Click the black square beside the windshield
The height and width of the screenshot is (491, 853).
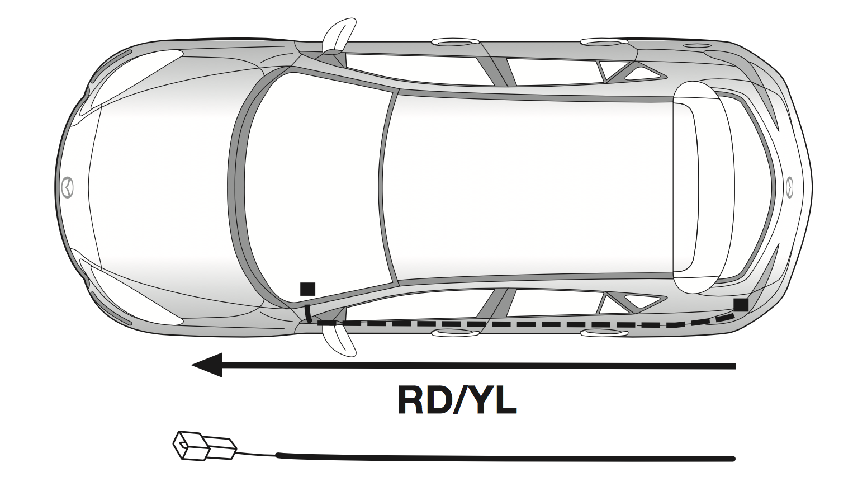point(307,289)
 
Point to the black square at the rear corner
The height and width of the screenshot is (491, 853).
point(741,305)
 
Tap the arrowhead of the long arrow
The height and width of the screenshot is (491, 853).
point(207,365)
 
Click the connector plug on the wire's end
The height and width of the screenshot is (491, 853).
point(205,446)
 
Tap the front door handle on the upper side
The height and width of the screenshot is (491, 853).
point(456,41)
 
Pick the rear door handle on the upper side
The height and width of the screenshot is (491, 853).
point(604,41)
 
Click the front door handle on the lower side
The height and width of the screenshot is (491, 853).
point(456,333)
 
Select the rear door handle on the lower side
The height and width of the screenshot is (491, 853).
point(604,333)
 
